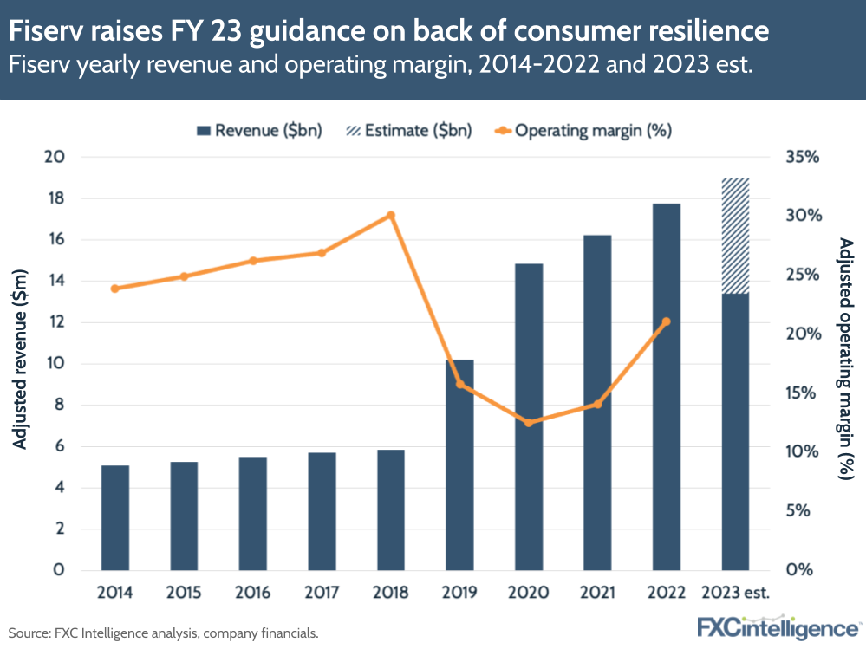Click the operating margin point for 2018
click(x=390, y=215)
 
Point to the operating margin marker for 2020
click(x=528, y=423)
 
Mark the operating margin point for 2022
click(x=666, y=321)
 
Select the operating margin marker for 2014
click(x=115, y=289)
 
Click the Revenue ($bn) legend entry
click(x=259, y=131)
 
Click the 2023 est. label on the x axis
click(x=735, y=594)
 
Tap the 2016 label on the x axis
click(x=253, y=594)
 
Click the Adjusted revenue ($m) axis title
click(x=19, y=362)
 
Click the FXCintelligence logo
click(x=778, y=626)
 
